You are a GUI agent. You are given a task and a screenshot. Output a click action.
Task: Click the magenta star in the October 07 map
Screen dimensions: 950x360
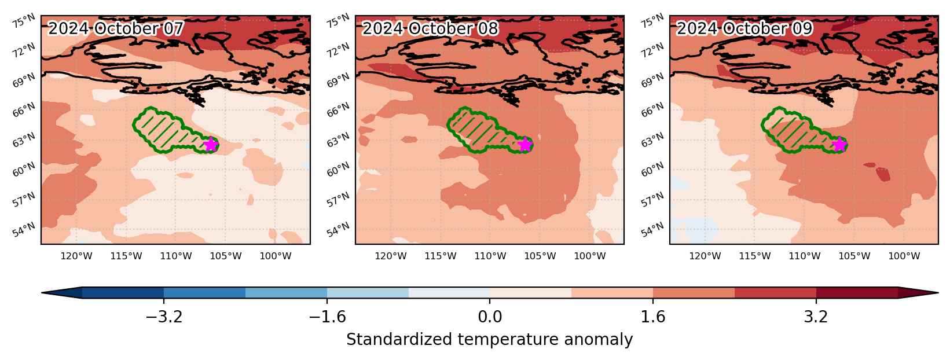pyautogui.click(x=211, y=145)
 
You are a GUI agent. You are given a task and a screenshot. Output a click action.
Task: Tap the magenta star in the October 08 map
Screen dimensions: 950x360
pyautogui.click(x=525, y=145)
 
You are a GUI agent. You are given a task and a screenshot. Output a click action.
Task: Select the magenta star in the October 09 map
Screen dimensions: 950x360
pyautogui.click(x=839, y=145)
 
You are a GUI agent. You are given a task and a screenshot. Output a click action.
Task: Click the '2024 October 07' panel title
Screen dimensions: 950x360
pyautogui.click(x=116, y=28)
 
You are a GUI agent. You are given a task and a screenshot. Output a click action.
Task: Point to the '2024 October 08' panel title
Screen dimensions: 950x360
pyautogui.click(x=430, y=28)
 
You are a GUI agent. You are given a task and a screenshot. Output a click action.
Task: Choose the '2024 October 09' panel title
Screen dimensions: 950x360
pyautogui.click(x=744, y=28)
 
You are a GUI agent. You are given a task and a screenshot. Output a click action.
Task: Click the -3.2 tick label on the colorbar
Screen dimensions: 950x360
pyautogui.click(x=164, y=317)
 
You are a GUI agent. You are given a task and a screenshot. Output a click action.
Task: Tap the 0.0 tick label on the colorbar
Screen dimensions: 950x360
pyautogui.click(x=490, y=317)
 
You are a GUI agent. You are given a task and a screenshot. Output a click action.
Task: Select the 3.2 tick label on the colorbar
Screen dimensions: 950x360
pyautogui.click(x=816, y=317)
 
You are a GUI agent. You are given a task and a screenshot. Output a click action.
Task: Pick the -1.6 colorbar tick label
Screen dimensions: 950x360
pyautogui.click(x=327, y=317)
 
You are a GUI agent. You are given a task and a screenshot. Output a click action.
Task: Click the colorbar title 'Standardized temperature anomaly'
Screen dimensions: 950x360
pyautogui.click(x=489, y=340)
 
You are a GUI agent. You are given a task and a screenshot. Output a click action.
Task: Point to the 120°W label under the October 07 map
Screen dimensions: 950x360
pyautogui.click(x=76, y=256)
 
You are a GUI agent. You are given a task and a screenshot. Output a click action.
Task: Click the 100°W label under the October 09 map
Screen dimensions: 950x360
pyautogui.click(x=904, y=256)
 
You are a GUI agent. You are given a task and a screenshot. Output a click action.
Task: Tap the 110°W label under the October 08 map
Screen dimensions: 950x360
pyautogui.click(x=490, y=256)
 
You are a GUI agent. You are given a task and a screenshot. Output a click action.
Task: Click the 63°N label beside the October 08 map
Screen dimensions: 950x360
pyautogui.click(x=338, y=139)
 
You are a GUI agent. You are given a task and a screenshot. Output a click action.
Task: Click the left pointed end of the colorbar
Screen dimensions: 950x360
pyautogui.click(x=42, y=293)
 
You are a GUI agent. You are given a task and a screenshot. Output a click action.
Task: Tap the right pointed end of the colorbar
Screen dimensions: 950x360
pyautogui.click(x=937, y=293)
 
